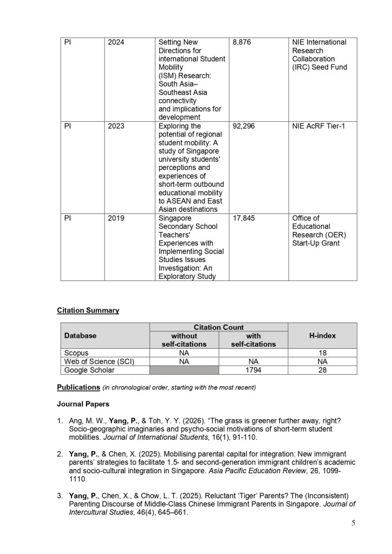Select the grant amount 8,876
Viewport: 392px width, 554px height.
241,42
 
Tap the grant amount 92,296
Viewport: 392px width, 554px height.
244,126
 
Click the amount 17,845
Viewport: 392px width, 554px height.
244,218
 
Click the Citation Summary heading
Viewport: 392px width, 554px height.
88,310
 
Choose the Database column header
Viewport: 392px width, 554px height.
80,336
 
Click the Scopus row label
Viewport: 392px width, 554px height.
76,353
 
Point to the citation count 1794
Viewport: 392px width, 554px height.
253,370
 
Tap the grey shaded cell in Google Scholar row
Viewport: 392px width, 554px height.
184,370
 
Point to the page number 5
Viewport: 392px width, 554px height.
353,523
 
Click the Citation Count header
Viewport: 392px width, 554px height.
219,327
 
